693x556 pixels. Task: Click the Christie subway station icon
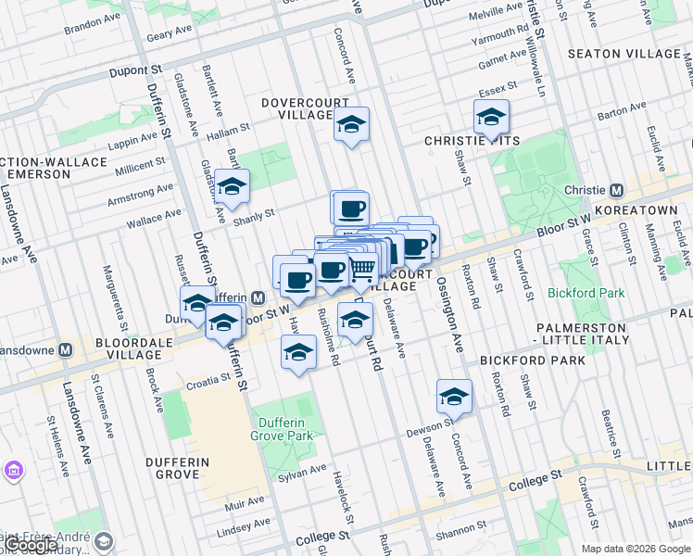[616, 190]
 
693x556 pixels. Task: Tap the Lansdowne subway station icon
[65, 350]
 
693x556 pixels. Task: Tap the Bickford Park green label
[598, 293]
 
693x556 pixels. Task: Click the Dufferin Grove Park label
[282, 428]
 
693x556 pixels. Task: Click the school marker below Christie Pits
[491, 118]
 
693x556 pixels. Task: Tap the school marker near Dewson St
[454, 396]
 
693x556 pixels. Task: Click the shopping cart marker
[362, 269]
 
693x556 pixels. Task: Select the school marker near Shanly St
[232, 185]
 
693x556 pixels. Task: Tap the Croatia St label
[207, 379]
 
